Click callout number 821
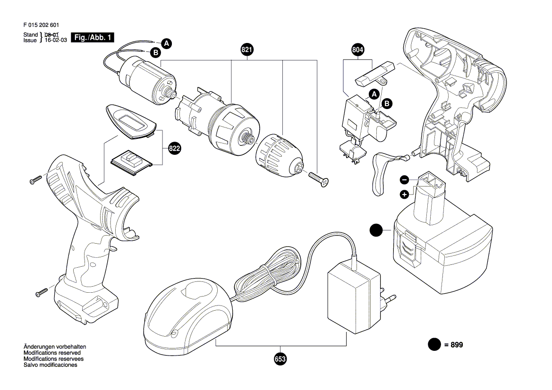point(247,50)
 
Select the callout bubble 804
point(357,50)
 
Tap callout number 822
point(174,149)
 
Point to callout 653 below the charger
point(280,359)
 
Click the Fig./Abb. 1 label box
point(93,37)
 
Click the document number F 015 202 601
point(41,25)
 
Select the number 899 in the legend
point(457,345)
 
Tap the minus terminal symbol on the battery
point(405,180)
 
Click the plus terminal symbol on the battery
point(405,194)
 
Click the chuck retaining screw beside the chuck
point(319,178)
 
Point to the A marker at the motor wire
point(167,43)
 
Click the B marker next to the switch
point(387,103)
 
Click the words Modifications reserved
point(52,353)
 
